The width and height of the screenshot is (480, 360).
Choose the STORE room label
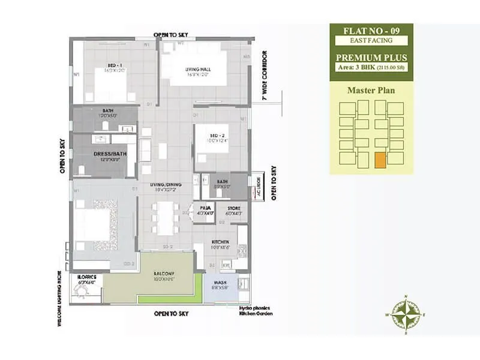click(x=233, y=208)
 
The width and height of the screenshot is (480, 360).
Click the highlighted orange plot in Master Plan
click(x=379, y=160)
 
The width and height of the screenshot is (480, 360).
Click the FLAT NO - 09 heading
click(x=371, y=31)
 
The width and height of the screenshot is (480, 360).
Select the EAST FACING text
click(x=371, y=41)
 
